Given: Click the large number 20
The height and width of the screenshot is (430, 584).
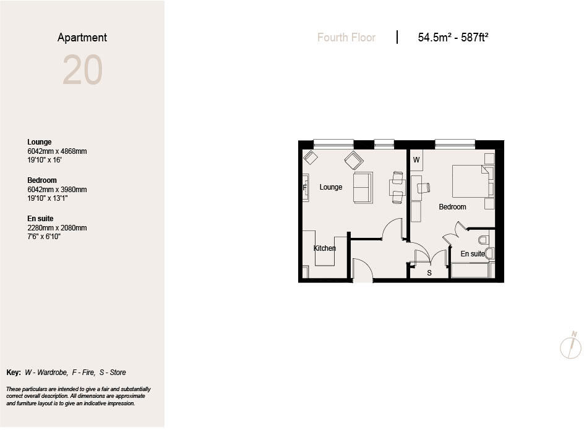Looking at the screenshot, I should coord(82,70).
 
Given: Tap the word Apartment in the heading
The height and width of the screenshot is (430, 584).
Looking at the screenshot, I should coord(82,38).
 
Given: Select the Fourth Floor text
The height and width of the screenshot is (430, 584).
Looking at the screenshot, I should coord(346,38).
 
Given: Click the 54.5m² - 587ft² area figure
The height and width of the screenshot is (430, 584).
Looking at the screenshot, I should coord(453,38).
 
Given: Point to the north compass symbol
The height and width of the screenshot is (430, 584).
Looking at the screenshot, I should coord(571,346).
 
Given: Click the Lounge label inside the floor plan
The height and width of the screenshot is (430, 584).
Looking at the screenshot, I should coord(331,187).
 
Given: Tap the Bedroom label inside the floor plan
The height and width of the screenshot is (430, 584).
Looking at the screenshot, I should coord(452,207).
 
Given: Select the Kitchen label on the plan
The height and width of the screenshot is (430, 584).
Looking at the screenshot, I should coord(325,248).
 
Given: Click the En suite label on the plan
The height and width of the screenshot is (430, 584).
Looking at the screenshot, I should coord(473,254).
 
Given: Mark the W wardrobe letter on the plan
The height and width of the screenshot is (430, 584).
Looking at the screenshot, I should coord(416,161).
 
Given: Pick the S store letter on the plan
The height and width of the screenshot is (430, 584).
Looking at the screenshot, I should coord(429,273).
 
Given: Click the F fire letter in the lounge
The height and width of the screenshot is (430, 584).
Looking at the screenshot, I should coord(305,188).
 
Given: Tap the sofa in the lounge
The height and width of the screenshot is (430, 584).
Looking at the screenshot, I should coord(363,187).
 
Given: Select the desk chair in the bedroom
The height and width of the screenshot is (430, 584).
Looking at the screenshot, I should coord(424,188).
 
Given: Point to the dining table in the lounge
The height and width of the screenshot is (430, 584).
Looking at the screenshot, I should coord(397,187).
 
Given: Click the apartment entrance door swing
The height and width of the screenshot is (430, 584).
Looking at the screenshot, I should coord(362,270).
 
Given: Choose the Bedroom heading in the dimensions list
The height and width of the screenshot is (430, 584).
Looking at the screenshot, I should coord(42,180).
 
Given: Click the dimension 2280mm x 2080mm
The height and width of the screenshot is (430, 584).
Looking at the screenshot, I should coord(57,228).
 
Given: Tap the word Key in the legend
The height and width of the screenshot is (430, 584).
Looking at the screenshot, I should coord(13,373).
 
